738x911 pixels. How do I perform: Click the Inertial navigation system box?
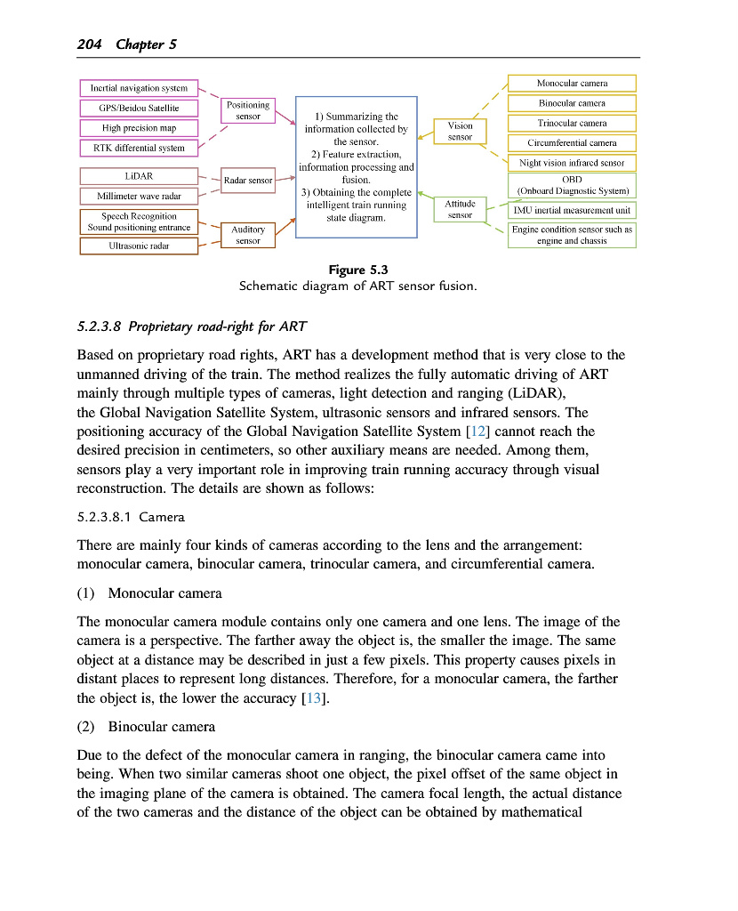138,88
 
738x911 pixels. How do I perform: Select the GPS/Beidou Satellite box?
138,108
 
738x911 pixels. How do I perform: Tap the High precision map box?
138,128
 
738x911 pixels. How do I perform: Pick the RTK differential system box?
138,148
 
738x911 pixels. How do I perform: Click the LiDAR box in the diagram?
138,175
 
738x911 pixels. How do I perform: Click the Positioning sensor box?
248,110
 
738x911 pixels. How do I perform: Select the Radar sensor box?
248,181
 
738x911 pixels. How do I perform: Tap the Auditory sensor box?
248,235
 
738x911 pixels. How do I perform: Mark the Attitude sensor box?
460,209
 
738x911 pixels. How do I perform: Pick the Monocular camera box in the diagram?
572,83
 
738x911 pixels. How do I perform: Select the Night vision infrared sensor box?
572,163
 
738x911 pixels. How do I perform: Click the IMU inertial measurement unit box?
572,211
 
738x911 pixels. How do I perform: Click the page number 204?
92,44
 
